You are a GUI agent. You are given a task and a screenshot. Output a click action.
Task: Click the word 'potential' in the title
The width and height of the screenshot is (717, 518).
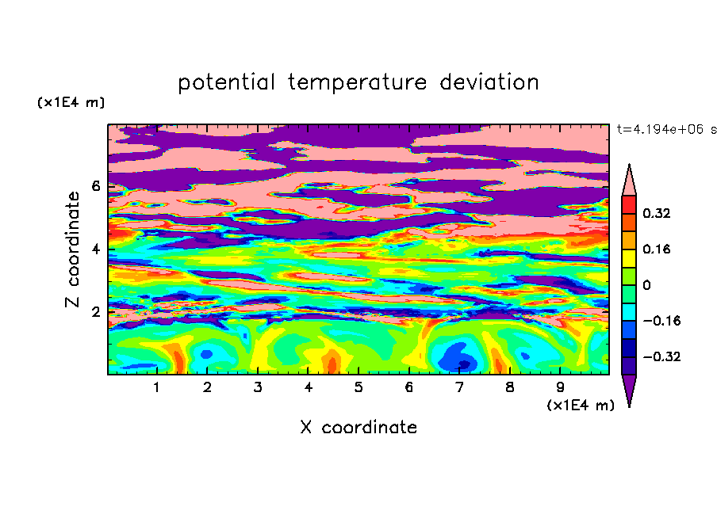coord(226,83)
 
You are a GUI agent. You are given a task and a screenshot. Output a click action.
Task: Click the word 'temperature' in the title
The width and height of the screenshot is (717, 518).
coord(358,82)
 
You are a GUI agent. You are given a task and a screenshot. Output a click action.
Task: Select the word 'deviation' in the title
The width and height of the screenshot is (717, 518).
coord(489,82)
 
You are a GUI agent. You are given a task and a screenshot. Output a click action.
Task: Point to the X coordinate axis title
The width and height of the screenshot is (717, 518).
coord(358,427)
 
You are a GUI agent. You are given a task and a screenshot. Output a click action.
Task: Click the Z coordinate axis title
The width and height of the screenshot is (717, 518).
coord(73,249)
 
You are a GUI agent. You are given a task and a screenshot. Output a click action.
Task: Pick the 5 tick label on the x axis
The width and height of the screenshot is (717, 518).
coord(358,387)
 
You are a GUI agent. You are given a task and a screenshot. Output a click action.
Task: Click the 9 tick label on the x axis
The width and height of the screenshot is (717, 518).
coord(560,387)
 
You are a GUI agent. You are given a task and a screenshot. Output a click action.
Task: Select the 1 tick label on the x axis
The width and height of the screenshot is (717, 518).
coord(157,387)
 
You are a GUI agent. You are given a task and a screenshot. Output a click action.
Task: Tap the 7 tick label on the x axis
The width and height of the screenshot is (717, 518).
coord(459,387)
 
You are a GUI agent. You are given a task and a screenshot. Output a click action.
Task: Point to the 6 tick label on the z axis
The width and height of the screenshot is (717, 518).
coord(95,186)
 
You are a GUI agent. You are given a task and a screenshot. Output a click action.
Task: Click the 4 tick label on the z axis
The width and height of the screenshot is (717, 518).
coord(95,249)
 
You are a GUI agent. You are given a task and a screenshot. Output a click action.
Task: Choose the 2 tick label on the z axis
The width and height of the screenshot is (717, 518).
coord(95,312)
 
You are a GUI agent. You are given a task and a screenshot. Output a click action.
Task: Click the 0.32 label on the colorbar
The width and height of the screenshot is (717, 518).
coord(657,213)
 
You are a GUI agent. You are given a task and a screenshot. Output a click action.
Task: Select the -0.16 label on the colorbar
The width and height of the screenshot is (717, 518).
coord(661,321)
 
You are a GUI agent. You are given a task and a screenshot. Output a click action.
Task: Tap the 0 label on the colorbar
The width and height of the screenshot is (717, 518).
coord(646,285)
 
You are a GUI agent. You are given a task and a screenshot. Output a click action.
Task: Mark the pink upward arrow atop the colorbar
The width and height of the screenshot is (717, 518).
coord(629,180)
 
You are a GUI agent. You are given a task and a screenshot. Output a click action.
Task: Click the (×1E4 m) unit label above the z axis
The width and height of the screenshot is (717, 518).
coord(71,102)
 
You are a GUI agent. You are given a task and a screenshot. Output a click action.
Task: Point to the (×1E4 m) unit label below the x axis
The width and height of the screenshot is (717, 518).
coord(581,406)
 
